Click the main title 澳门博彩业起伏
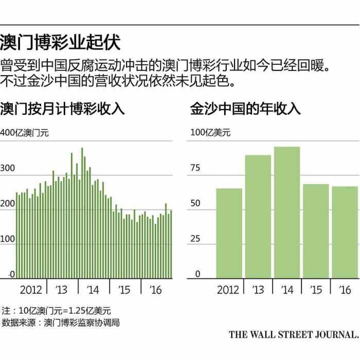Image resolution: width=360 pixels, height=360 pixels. pos(60,42)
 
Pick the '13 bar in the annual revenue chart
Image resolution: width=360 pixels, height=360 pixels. pos(258,217)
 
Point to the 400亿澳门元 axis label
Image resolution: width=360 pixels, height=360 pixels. pos(24,133)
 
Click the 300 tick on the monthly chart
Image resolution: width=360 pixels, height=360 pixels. pos(8,168)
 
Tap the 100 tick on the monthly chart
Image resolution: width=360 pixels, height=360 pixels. pos(8,239)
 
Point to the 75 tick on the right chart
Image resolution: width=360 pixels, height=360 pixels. pos(195,168)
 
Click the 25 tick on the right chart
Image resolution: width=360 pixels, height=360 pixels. pos(195,239)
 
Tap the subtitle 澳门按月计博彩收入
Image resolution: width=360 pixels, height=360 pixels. pos(62,109)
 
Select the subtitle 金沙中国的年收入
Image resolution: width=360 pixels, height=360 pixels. pos(245,109)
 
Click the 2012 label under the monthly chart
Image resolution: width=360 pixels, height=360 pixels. pos(31,290)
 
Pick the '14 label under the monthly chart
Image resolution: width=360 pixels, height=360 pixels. pos(93,290)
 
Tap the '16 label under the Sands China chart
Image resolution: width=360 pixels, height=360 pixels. pos(344,290)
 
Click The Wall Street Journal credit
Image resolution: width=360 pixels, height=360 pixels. pos(293,335)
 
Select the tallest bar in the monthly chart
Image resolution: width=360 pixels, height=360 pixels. pos(82,213)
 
